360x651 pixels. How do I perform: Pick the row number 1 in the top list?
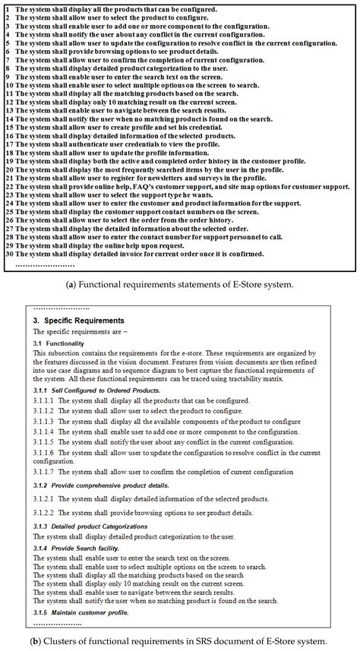(x=7, y=9)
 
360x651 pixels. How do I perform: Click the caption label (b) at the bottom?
(x=36, y=640)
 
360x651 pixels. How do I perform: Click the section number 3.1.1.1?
(x=45, y=400)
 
